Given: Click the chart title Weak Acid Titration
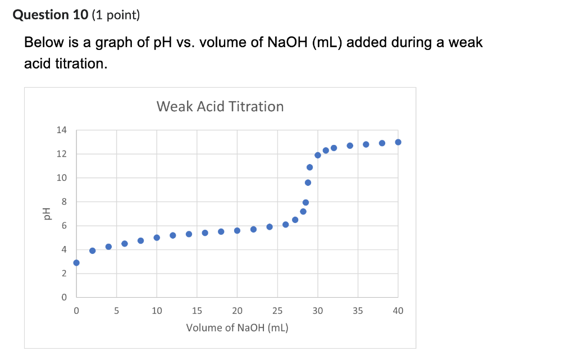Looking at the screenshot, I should point(220,106).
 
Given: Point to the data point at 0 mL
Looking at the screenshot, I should point(76,263).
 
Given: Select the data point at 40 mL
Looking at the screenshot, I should point(398,142).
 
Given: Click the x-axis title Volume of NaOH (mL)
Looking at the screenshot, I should point(237,327).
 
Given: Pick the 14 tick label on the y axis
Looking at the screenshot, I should point(61,130).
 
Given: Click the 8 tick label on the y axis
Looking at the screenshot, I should point(64,202).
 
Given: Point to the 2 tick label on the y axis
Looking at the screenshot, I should point(64,274).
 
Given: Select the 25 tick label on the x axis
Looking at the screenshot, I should point(277,310).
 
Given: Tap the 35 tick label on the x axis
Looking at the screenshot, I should point(358,310).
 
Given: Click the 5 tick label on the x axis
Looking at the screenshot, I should point(117,310).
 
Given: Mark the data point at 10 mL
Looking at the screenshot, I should point(157,238).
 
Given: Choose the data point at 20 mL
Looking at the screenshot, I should point(237,230).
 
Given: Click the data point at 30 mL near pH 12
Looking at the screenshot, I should point(318,155).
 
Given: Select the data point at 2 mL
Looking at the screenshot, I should point(93,250).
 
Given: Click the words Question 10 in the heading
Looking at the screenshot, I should point(49,15).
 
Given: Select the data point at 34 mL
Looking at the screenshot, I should point(350,145).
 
